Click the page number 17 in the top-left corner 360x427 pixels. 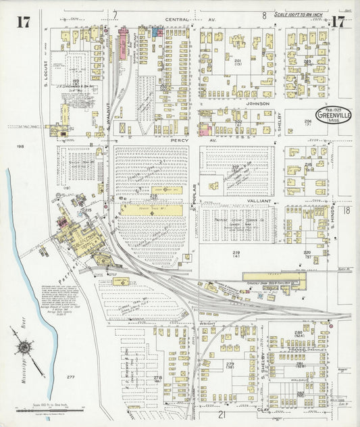click(22, 22)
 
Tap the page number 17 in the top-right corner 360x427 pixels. click(338, 22)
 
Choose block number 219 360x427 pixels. click(237, 252)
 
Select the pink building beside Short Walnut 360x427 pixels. click(124, 45)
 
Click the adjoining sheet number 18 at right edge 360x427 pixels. click(346, 211)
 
